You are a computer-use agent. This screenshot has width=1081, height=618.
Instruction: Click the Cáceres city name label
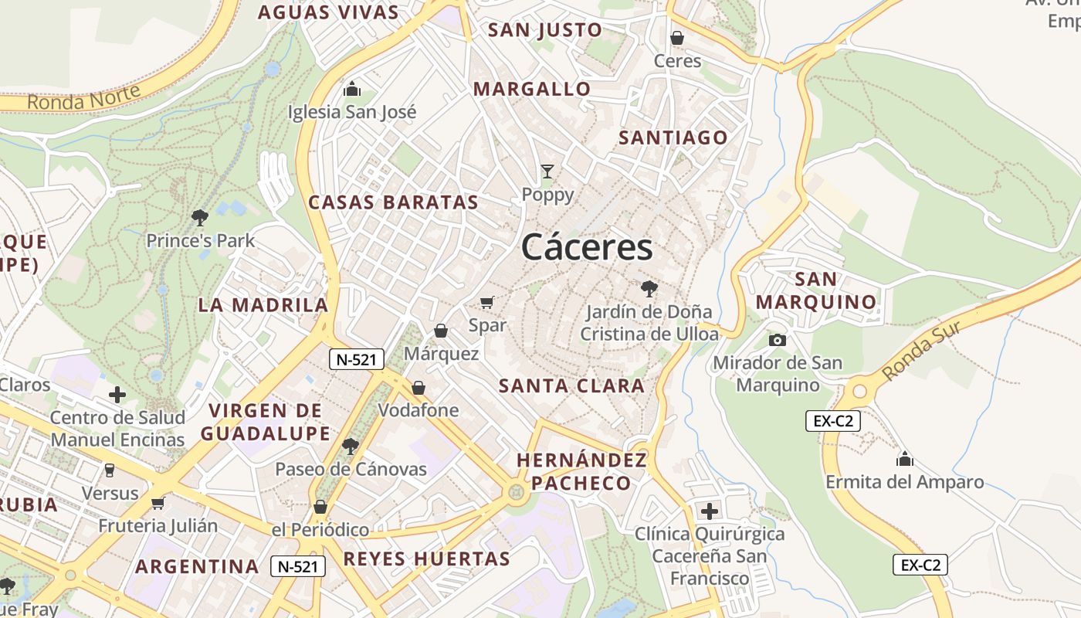click(x=587, y=247)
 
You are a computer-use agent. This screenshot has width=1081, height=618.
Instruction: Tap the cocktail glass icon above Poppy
click(x=547, y=171)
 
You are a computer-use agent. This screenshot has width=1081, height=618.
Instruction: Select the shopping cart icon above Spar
click(x=486, y=302)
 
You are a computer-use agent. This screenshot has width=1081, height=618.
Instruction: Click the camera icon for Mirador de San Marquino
click(x=777, y=340)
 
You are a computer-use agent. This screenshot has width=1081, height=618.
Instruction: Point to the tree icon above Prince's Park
click(x=200, y=218)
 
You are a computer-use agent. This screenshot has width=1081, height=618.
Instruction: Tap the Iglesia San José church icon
click(x=352, y=89)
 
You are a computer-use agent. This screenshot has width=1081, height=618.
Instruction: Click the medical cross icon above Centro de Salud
click(x=117, y=395)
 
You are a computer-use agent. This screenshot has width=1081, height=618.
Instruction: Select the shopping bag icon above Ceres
click(x=677, y=38)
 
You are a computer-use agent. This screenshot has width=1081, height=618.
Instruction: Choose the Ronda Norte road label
click(x=84, y=98)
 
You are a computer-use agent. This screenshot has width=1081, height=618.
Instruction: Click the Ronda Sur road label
click(x=921, y=350)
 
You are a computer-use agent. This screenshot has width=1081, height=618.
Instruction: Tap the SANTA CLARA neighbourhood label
click(x=571, y=385)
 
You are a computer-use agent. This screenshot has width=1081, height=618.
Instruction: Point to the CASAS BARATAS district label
click(x=394, y=202)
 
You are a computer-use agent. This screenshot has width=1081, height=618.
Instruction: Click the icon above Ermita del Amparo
click(x=905, y=460)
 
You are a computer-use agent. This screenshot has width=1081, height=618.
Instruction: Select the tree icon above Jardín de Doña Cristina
click(x=649, y=289)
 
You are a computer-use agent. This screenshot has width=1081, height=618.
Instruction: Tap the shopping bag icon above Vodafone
click(x=419, y=387)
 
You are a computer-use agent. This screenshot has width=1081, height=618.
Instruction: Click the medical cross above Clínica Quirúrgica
click(x=709, y=511)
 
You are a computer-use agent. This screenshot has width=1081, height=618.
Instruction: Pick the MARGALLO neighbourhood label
click(x=532, y=89)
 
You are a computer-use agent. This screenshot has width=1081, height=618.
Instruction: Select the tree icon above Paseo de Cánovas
click(x=351, y=446)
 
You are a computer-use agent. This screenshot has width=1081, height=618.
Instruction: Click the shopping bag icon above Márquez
click(x=441, y=331)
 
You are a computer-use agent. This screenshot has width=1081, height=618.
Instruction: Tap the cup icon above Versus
click(x=110, y=470)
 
